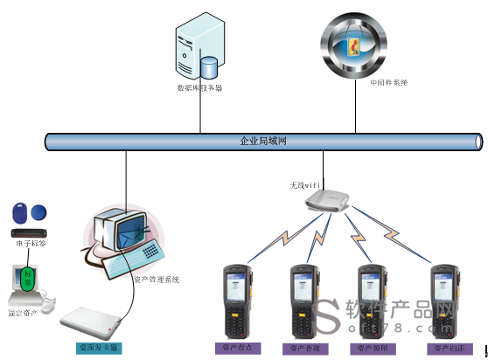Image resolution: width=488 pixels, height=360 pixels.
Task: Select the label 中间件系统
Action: (388, 83)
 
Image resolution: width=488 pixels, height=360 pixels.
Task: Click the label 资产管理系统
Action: (156, 280)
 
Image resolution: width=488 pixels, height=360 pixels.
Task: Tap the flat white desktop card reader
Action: (94, 324)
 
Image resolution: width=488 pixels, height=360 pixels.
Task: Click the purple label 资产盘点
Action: (237, 348)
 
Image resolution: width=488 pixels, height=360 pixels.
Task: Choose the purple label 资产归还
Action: (445, 348)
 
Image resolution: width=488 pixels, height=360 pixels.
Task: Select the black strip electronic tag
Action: (28, 232)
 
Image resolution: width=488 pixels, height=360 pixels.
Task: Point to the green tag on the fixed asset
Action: (29, 277)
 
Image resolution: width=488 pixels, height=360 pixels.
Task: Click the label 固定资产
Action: (23, 312)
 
